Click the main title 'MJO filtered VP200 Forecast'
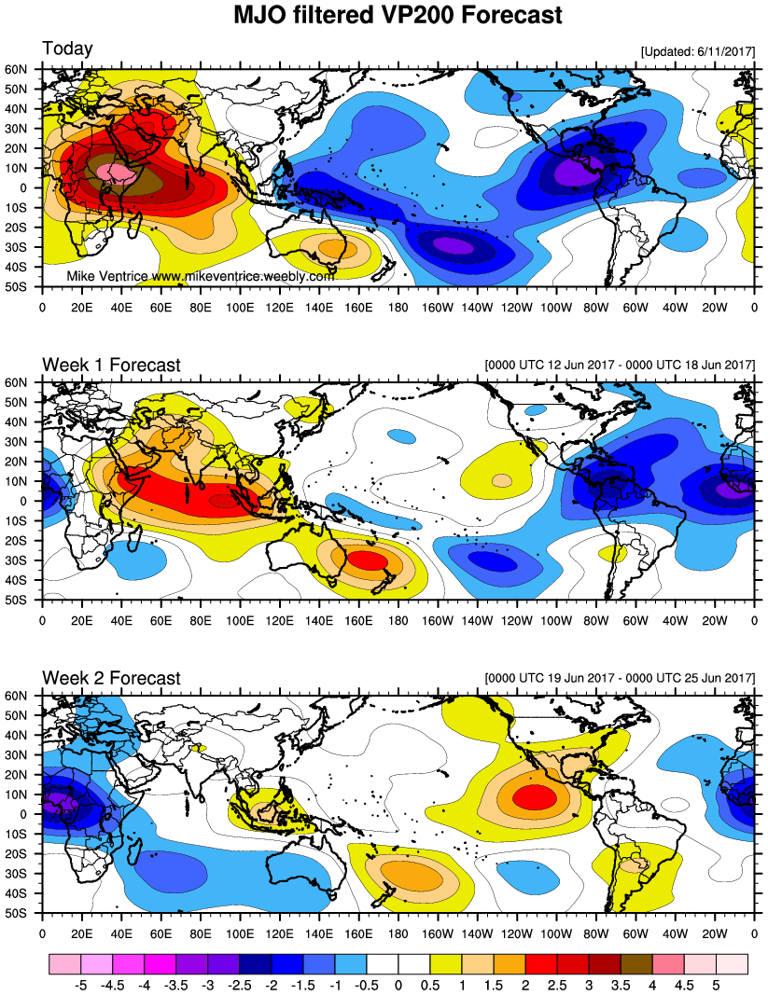coord(398,15)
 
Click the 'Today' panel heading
coord(67,48)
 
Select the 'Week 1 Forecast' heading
coord(111,365)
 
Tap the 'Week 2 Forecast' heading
coord(111,678)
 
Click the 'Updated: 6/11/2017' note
coord(698,51)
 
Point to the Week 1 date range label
coord(620,365)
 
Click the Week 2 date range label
coord(620,678)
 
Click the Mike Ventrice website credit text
coord(200,277)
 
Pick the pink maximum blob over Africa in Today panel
coord(117,172)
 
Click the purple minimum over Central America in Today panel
coord(579,172)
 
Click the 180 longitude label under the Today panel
coord(398,308)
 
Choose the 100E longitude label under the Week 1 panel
coord(240,621)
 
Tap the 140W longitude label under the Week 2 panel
coord(477,933)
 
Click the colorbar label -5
coord(80,986)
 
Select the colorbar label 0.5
coord(430,986)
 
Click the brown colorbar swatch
coord(636,964)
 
